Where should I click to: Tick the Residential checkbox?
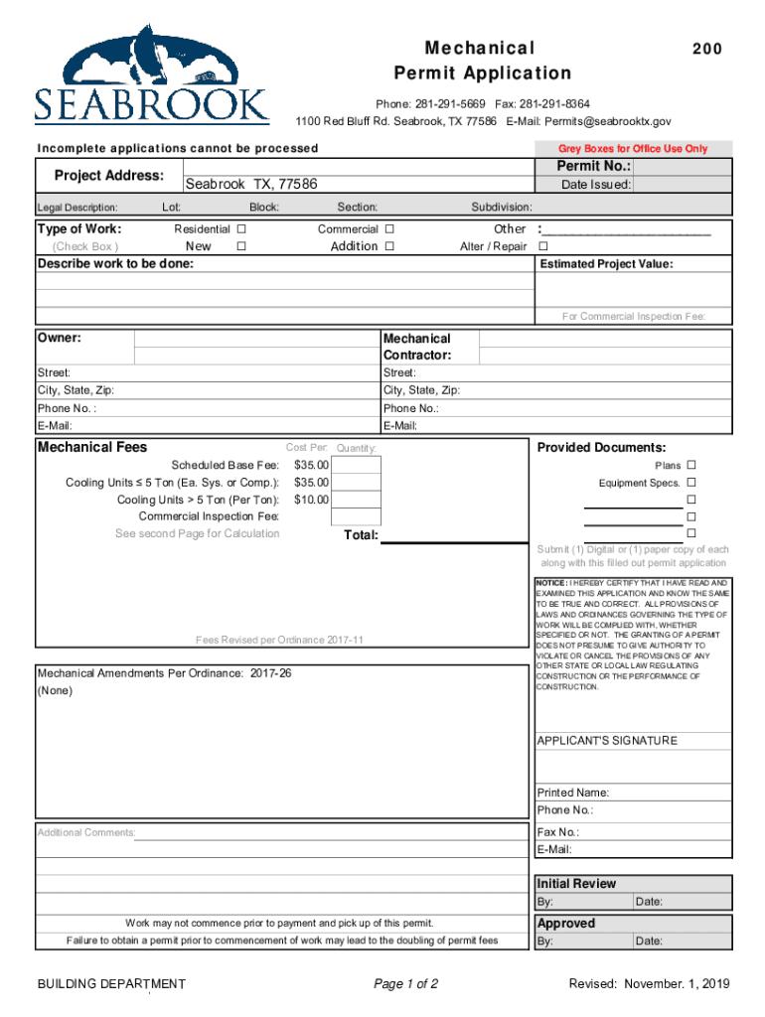pyautogui.click(x=241, y=229)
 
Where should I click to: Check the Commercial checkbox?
pyautogui.click(x=389, y=229)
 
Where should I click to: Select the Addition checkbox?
pyautogui.click(x=389, y=246)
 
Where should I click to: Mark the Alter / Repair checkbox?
pyautogui.click(x=542, y=246)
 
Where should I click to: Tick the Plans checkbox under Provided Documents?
pyautogui.click(x=691, y=466)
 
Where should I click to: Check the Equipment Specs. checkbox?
pyautogui.click(x=691, y=483)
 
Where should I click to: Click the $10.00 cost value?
pyautogui.click(x=311, y=500)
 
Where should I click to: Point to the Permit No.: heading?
pyautogui.click(x=593, y=166)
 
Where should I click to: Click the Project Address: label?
pyautogui.click(x=109, y=175)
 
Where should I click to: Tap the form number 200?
pyautogui.click(x=707, y=49)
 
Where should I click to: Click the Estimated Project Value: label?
pyautogui.click(x=606, y=264)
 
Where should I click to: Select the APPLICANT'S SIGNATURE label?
pyautogui.click(x=607, y=741)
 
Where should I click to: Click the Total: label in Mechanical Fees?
pyautogui.click(x=361, y=535)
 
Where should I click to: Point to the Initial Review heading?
pyautogui.click(x=576, y=884)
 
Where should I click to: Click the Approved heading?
pyautogui.click(x=566, y=924)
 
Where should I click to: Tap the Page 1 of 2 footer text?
pyautogui.click(x=405, y=984)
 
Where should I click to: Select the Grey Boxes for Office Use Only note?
pyautogui.click(x=633, y=149)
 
